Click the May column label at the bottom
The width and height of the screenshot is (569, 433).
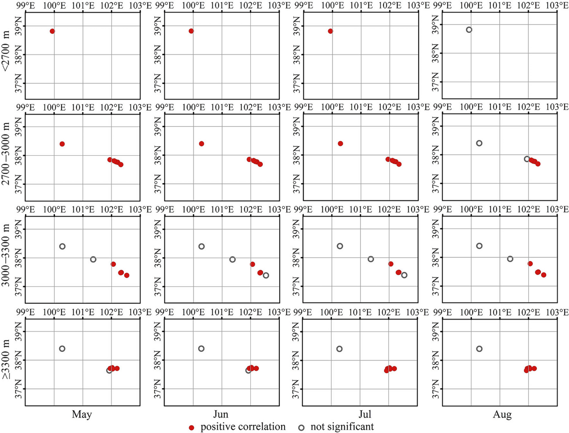(82, 414)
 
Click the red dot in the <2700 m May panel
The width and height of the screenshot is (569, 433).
(52, 31)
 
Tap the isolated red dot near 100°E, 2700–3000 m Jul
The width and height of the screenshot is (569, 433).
(340, 143)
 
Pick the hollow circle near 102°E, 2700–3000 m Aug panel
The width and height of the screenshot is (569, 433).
(527, 159)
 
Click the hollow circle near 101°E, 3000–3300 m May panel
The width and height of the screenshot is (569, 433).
(93, 259)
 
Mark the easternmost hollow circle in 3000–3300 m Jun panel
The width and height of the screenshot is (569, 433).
(266, 275)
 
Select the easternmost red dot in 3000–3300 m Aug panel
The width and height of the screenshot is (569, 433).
(543, 275)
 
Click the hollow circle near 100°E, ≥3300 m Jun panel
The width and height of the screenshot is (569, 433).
(201, 348)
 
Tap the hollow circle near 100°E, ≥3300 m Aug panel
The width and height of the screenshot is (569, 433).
(479, 348)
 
